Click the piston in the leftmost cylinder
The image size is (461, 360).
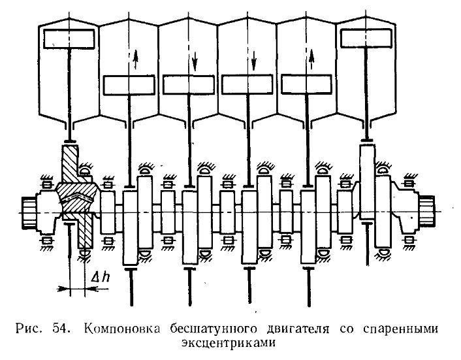(x=69, y=39)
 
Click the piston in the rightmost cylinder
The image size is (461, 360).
(x=366, y=39)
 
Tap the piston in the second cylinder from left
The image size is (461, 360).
(x=129, y=86)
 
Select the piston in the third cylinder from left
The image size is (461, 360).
(x=189, y=85)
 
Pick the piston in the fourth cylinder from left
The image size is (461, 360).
(x=247, y=85)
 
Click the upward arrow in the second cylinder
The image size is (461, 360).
(x=135, y=59)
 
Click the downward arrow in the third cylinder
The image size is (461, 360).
(x=195, y=59)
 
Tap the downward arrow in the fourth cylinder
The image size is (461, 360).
(x=254, y=59)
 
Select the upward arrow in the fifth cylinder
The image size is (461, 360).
(x=311, y=59)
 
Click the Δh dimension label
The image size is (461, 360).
(x=101, y=277)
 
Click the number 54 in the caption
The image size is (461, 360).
(x=61, y=328)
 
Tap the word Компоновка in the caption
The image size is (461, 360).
(x=122, y=329)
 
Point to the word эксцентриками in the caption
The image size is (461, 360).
(x=229, y=343)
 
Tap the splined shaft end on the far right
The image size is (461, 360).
(x=427, y=211)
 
